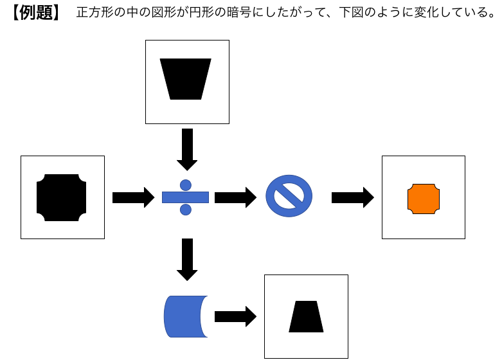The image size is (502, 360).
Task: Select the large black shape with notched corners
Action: click(x=62, y=197)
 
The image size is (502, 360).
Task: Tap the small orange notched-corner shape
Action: click(x=424, y=198)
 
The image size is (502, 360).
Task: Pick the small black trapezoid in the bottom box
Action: click(x=306, y=317)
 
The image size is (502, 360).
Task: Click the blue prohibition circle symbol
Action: click(x=289, y=196)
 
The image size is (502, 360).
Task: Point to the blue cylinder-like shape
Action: click(x=184, y=316)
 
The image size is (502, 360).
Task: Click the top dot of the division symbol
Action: click(x=186, y=184)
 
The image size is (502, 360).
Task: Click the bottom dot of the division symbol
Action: click(x=186, y=210)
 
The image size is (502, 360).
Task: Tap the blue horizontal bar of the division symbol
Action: click(x=186, y=197)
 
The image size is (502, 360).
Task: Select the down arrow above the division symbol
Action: click(x=187, y=148)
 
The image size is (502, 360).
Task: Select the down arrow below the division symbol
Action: click(x=187, y=259)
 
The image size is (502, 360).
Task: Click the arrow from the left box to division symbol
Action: click(x=133, y=197)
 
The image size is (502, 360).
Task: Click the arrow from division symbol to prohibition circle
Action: click(x=235, y=197)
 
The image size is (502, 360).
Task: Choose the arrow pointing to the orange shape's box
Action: click(x=352, y=197)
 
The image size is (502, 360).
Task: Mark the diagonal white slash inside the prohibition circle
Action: click(x=289, y=196)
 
